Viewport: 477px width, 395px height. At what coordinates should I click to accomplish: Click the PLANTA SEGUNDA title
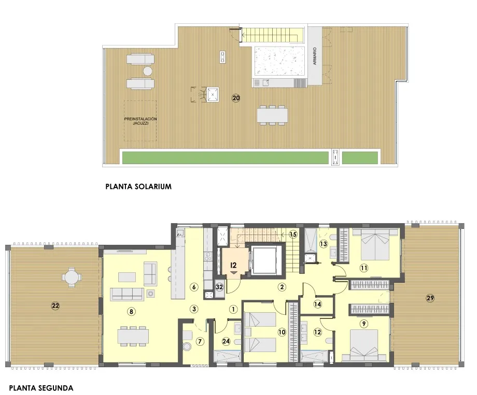tap(41, 387)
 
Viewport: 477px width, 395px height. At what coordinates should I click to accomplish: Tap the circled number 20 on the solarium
tap(236, 98)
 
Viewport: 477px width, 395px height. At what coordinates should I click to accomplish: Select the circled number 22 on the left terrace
tap(55, 306)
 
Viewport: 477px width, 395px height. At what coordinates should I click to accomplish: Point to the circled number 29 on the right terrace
tap(430, 298)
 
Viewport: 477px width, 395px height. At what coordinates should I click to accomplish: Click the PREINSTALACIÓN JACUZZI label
tap(140, 122)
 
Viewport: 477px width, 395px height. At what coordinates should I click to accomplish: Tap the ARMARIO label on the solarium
tap(315, 56)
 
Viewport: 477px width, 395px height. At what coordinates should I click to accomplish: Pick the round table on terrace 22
tap(71, 278)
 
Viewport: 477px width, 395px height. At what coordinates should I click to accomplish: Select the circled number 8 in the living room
tap(131, 311)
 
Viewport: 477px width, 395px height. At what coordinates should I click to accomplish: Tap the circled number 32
tap(219, 287)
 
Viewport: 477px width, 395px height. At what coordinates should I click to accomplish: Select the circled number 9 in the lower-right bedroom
tap(364, 324)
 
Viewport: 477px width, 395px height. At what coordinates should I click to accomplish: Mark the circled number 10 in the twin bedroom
tap(282, 333)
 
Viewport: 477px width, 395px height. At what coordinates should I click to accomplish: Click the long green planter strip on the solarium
tap(225, 157)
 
